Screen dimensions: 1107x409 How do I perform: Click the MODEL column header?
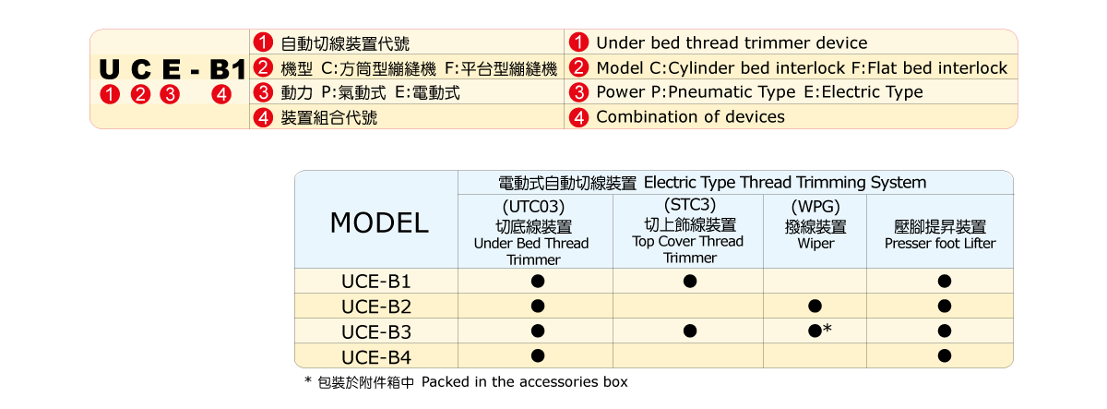pyautogui.click(x=379, y=223)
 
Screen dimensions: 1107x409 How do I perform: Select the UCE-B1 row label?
pyautogui.click(x=376, y=282)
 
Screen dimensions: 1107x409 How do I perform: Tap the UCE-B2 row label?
pyautogui.click(x=376, y=307)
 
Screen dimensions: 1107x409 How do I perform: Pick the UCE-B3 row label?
pyautogui.click(x=376, y=331)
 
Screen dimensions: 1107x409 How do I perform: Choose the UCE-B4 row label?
pyautogui.click(x=376, y=357)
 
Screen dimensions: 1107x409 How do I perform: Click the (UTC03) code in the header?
pyautogui.click(x=533, y=206)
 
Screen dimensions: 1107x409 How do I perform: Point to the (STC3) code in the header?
pyautogui.click(x=690, y=204)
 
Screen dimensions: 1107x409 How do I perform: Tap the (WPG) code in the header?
pyautogui.click(x=815, y=206)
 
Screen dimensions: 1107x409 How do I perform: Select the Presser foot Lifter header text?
pyautogui.click(x=940, y=244)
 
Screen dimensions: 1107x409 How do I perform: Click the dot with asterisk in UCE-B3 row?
pyautogui.click(x=820, y=331)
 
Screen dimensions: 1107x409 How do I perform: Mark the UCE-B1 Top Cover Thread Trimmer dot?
pyautogui.click(x=690, y=281)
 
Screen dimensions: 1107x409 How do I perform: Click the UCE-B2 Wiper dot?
pyautogui.click(x=815, y=307)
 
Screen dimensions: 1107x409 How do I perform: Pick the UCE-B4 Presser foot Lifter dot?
pyautogui.click(x=945, y=355)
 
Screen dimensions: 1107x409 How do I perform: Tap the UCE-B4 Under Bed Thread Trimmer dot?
pyautogui.click(x=538, y=355)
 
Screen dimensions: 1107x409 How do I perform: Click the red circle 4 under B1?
pyautogui.click(x=221, y=94)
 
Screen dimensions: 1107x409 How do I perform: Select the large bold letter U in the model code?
pyautogui.click(x=109, y=68)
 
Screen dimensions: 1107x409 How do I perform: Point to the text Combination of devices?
pyautogui.click(x=690, y=116)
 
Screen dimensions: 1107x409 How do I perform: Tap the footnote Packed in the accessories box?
pyautogui.click(x=524, y=382)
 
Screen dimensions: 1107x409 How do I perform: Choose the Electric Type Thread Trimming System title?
pyautogui.click(x=785, y=183)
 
